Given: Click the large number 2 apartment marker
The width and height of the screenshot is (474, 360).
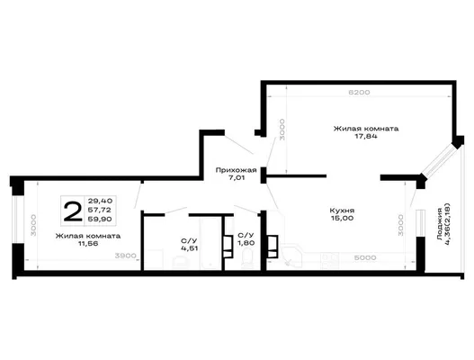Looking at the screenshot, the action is coord(73,211).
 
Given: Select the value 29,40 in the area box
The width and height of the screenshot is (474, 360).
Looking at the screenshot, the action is coord(100,201).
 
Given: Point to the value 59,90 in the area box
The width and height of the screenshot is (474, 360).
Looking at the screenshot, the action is coord(100,219).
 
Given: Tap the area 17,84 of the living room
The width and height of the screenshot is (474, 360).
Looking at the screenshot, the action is coord(366,136).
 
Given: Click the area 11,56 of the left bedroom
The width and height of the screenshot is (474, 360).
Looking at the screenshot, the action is coord(88,243).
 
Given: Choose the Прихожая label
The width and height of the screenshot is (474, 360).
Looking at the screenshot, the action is coord(236,170).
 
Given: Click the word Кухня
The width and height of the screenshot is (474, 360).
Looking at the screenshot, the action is coord(342,211).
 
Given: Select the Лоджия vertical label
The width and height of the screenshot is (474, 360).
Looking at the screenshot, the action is coord(440,224).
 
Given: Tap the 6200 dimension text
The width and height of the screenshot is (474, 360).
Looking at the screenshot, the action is coord(359,93).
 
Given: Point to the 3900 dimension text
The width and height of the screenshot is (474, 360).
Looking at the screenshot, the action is coord(125,256).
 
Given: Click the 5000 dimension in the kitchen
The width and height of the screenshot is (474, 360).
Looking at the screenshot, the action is coord(365,257).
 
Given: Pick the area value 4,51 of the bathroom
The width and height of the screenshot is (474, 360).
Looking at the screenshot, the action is coord(189,248).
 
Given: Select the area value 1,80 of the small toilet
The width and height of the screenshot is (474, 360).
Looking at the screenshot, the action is coord(246,243).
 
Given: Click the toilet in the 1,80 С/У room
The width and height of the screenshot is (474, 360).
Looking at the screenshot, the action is coord(248,258).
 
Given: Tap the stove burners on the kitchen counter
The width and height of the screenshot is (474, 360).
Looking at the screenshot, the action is coord(329,261).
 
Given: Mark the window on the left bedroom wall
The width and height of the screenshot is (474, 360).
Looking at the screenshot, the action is coord(14,220).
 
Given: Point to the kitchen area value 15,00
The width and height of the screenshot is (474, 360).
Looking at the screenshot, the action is coord(342,218).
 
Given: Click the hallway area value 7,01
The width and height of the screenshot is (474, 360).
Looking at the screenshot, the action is coord(237,177).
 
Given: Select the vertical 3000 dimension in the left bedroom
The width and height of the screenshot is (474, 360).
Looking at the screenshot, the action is coord(33,225).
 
